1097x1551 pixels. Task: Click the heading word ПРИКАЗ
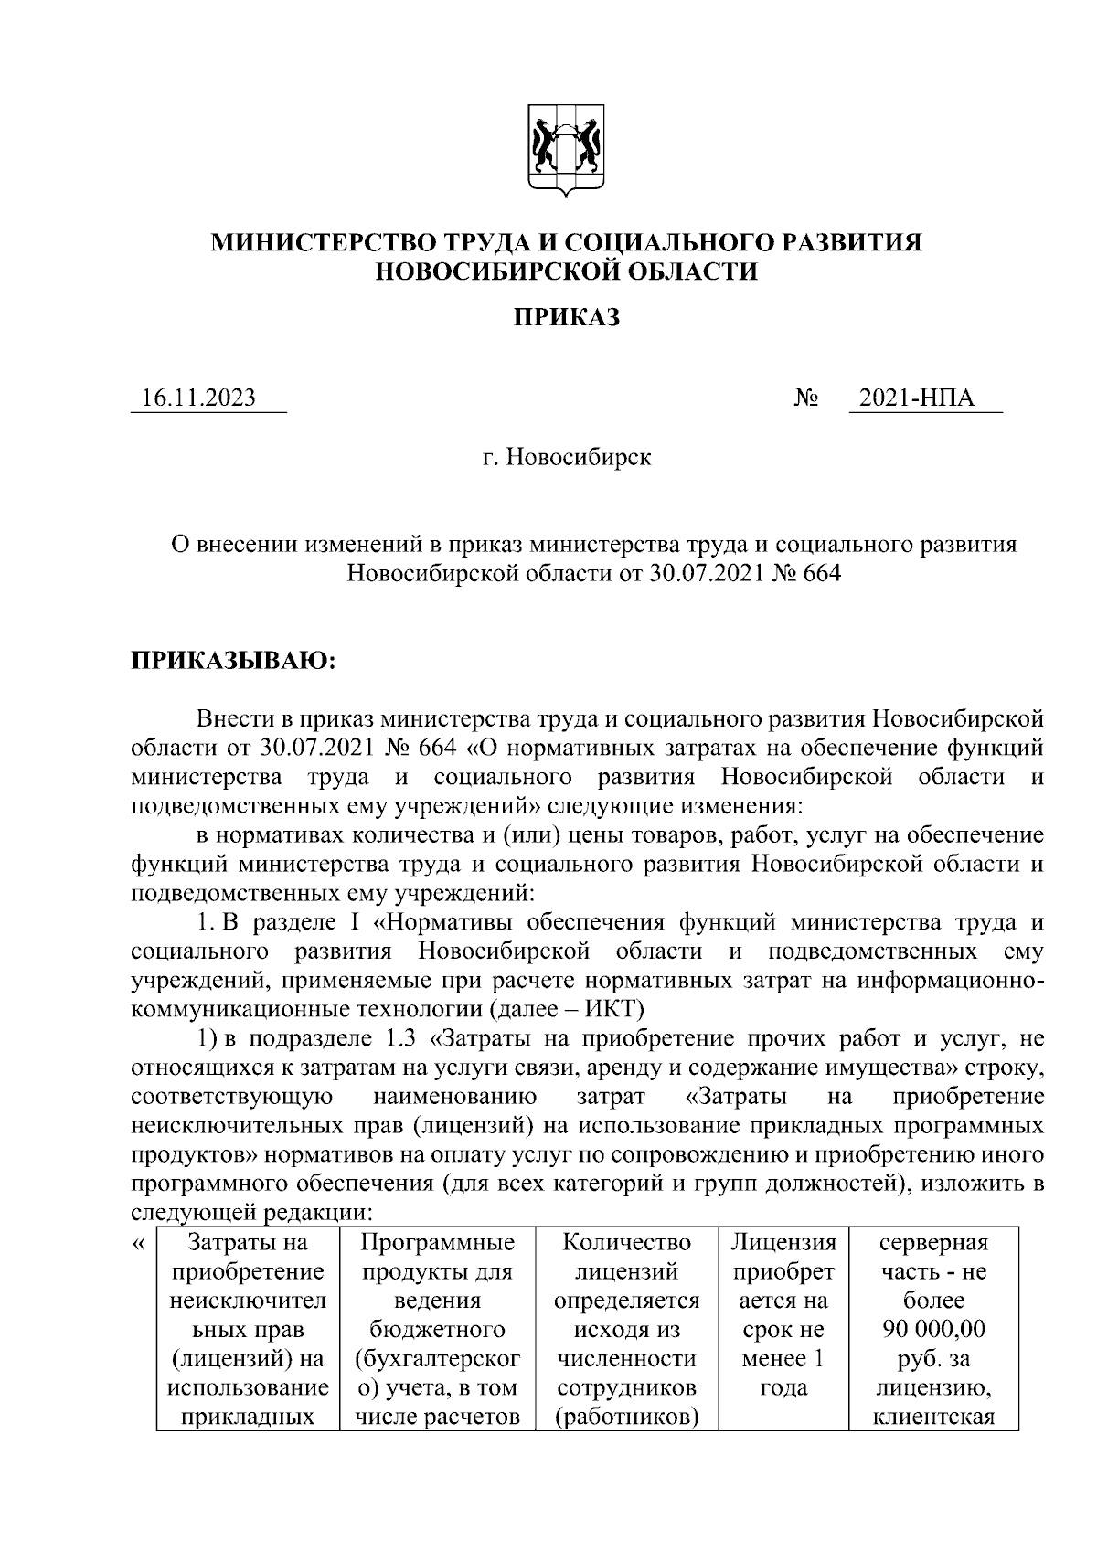[x=566, y=317]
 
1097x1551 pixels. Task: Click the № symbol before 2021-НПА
[x=806, y=398]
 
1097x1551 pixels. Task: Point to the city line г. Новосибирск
[x=567, y=456]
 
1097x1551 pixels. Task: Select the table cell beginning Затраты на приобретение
[x=249, y=1329]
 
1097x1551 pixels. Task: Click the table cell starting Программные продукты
[x=438, y=1329]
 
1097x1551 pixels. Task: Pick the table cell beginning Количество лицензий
[x=626, y=1329]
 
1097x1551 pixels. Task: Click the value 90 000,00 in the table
[x=933, y=1329]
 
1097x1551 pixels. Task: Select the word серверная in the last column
[x=933, y=1242]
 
